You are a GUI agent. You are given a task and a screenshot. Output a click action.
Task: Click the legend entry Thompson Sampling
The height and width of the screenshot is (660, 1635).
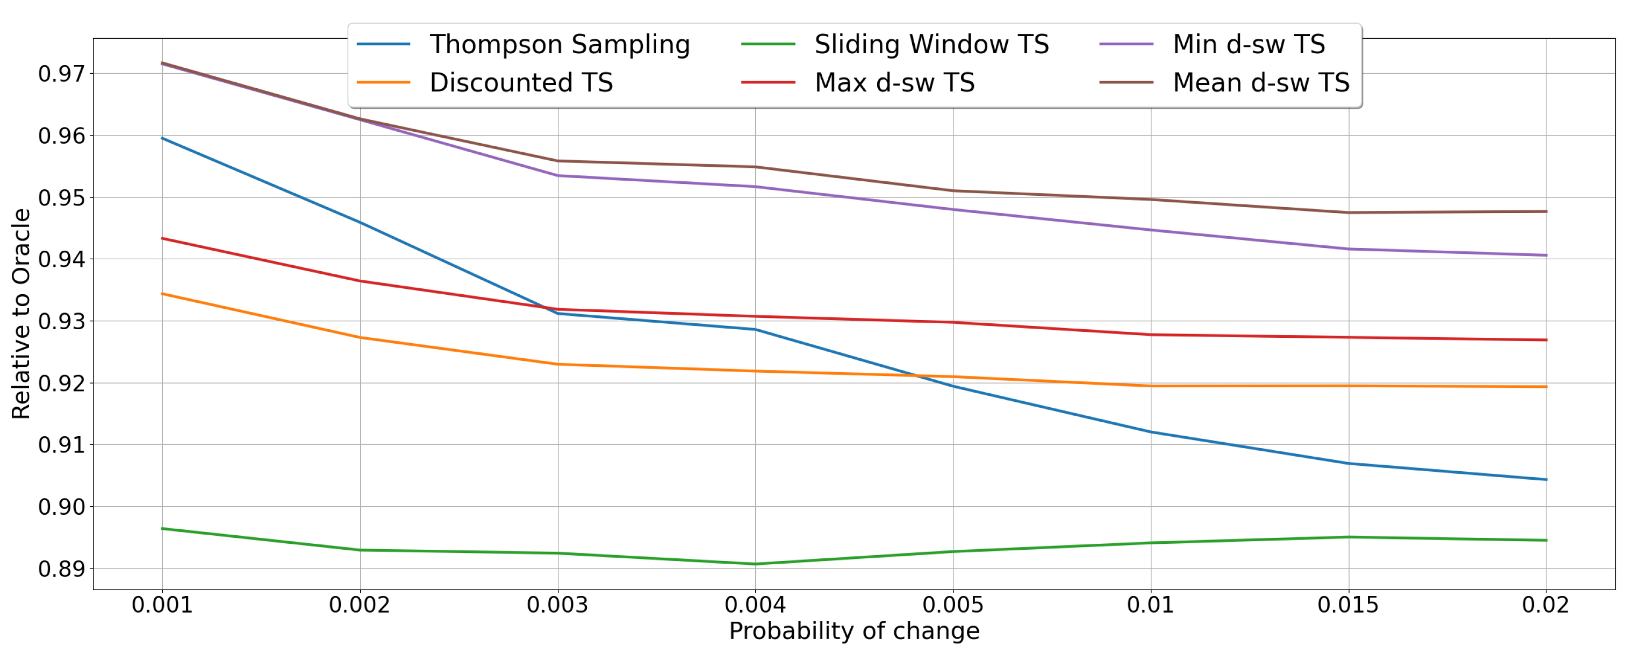(x=559, y=45)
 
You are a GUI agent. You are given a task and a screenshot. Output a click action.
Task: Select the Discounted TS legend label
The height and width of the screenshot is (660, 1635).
(x=520, y=83)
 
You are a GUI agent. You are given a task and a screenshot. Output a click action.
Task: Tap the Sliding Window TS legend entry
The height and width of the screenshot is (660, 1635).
(x=931, y=45)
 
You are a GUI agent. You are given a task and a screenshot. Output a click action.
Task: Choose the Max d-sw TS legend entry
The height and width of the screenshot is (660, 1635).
(x=894, y=83)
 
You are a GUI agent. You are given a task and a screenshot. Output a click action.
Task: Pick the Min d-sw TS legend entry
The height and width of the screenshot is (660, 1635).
(x=1248, y=45)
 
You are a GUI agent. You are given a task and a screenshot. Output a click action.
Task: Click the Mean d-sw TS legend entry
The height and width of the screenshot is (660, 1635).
(x=1260, y=83)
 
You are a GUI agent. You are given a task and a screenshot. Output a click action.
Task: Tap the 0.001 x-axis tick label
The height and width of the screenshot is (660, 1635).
(x=162, y=605)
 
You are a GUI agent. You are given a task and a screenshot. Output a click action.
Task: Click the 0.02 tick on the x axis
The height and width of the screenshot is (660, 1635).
(x=1545, y=605)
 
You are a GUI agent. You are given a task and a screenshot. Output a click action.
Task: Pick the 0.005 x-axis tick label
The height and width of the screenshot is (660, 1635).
(x=953, y=605)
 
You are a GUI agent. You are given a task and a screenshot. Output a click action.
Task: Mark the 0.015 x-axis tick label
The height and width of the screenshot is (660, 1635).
(x=1347, y=605)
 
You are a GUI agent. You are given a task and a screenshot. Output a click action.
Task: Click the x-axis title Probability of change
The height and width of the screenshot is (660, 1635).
(x=854, y=631)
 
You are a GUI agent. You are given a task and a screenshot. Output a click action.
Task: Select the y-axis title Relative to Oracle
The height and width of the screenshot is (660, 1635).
(x=21, y=314)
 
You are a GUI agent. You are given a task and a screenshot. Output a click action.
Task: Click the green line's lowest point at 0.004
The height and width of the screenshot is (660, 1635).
(x=755, y=563)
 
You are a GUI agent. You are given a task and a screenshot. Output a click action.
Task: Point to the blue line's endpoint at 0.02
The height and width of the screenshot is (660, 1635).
(x=1545, y=480)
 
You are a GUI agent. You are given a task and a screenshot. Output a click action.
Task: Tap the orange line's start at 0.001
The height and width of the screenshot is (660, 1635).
(x=162, y=294)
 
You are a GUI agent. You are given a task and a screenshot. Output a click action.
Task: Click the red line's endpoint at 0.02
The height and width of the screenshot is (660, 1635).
(x=1545, y=340)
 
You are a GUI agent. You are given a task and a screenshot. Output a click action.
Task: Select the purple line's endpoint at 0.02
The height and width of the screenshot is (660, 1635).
(x=1545, y=256)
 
